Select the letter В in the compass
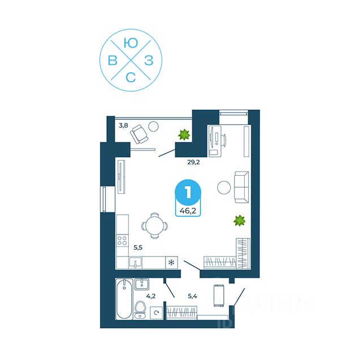(x=112, y=61)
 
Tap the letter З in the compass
(x=148, y=61)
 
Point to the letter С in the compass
(x=131, y=79)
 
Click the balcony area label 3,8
(x=123, y=125)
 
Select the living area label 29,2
(x=194, y=162)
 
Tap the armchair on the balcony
(x=140, y=135)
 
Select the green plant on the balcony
(x=183, y=135)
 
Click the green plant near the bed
(x=239, y=220)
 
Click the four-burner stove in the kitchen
(x=123, y=240)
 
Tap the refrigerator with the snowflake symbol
(x=171, y=262)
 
